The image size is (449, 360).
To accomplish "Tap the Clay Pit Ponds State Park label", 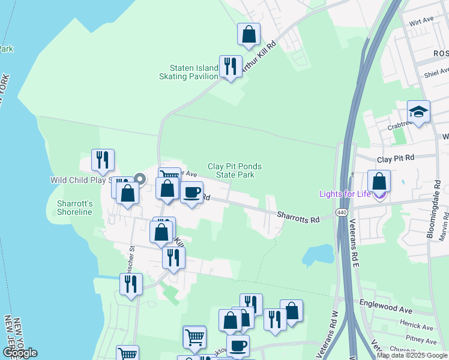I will [x=235, y=170].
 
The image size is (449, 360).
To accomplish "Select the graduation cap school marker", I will [x=418, y=112].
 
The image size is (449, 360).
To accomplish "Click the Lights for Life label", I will [x=344, y=193].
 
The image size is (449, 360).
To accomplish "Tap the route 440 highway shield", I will [x=342, y=212].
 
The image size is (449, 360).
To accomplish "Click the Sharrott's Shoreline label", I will [x=74, y=208].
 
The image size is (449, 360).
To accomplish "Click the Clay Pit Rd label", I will [x=396, y=158].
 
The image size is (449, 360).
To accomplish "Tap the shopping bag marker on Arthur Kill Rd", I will [x=249, y=34].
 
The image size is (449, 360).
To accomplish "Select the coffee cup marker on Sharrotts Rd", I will [x=191, y=193].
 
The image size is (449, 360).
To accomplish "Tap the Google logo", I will [x=20, y=353].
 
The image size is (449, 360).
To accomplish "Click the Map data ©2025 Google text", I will [x=412, y=355].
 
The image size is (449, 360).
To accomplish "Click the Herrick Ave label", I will [x=419, y=328].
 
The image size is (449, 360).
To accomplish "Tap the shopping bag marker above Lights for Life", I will [x=379, y=181].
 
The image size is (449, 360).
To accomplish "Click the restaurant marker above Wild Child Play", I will [x=103, y=160].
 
